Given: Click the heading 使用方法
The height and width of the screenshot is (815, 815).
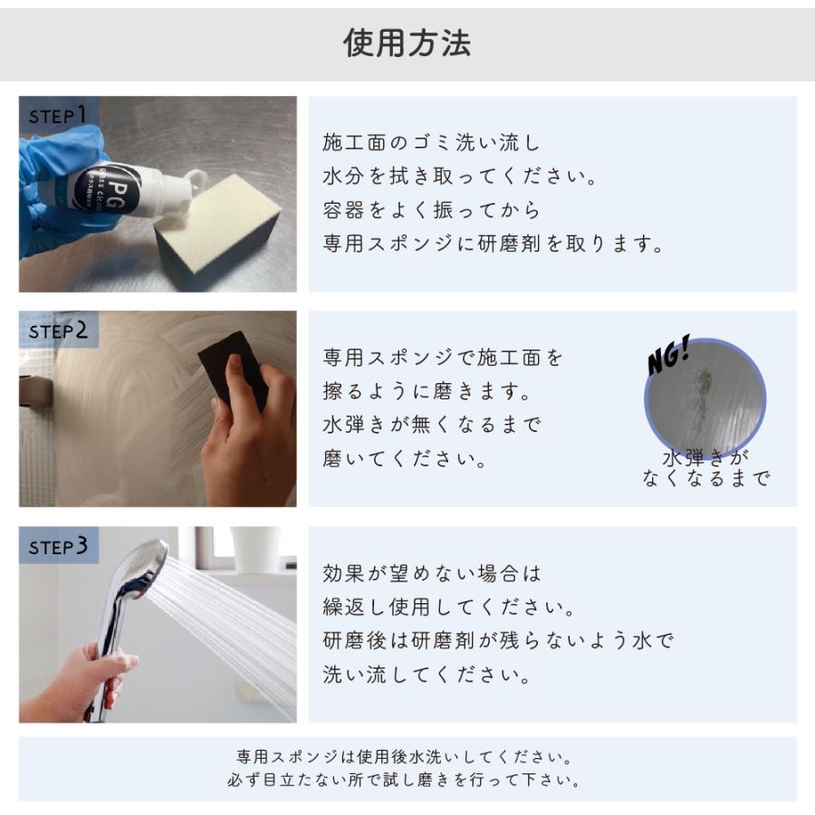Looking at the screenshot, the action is tap(407, 43).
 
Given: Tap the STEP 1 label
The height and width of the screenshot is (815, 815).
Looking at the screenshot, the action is tap(57, 115).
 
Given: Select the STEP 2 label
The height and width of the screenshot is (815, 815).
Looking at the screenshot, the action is tap(58, 331).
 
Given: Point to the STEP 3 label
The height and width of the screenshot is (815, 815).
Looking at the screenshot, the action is tap(58, 546).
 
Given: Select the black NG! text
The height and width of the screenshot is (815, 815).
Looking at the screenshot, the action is tap(668, 354).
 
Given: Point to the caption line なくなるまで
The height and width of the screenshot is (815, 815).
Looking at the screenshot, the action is tap(705, 477).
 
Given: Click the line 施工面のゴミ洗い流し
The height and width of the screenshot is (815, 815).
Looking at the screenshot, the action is tap(431, 142).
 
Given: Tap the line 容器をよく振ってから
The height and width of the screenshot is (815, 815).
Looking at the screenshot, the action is tap(431, 209).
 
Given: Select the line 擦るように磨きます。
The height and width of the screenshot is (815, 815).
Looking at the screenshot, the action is tap(427, 391).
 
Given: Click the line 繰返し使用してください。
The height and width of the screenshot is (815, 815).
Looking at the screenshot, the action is tap(448, 607).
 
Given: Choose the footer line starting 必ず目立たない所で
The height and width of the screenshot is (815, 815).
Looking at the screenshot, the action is tap(404, 780).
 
